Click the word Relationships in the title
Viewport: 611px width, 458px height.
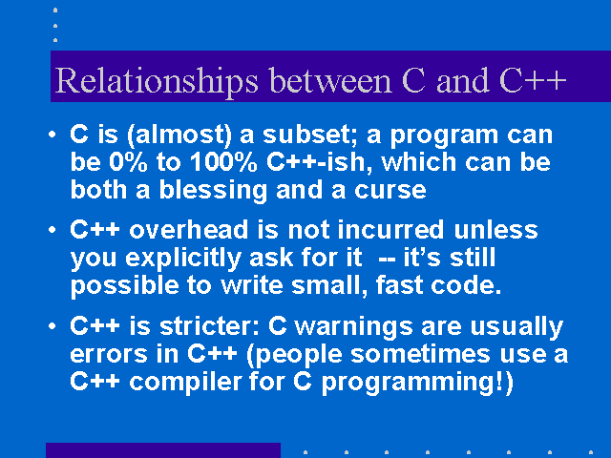pyautogui.click(x=157, y=81)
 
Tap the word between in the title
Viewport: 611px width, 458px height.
pyautogui.click(x=330, y=80)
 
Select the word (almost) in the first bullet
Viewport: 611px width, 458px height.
pyautogui.click(x=179, y=135)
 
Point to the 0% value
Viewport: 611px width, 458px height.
pyautogui.click(x=128, y=162)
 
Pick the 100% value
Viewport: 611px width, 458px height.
pyautogui.click(x=223, y=162)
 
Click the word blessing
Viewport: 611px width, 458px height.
pyautogui.click(x=213, y=191)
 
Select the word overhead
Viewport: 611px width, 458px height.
pyautogui.click(x=189, y=229)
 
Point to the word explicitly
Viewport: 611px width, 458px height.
pyautogui.click(x=183, y=259)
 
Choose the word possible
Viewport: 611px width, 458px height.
pyautogui.click(x=124, y=286)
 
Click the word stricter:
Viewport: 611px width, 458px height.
pyautogui.click(x=210, y=326)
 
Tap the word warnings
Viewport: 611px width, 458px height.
pyautogui.click(x=353, y=327)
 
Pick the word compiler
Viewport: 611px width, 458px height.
pyautogui.click(x=185, y=383)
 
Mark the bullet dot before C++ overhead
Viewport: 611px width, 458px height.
pyautogui.click(x=53, y=230)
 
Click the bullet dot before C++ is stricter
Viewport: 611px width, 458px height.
pyautogui.click(x=53, y=326)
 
